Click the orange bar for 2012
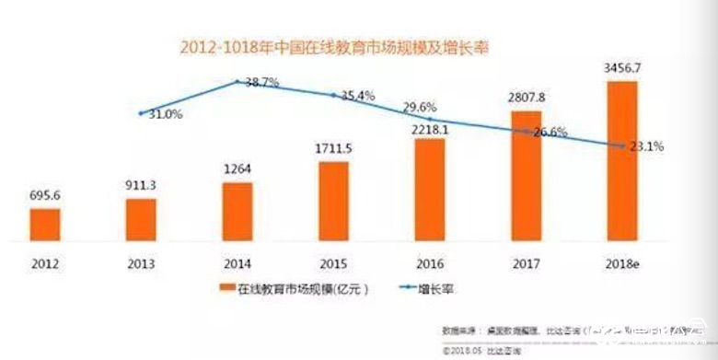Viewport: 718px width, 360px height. tap(44, 224)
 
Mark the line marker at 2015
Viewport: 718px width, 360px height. tap(334, 94)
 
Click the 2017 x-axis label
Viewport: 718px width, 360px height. tap(526, 261)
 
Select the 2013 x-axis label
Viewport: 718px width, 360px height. tap(141, 261)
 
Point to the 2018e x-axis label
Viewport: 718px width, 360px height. tap(622, 261)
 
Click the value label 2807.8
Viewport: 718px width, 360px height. tap(526, 98)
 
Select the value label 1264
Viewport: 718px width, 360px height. tap(238, 168)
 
